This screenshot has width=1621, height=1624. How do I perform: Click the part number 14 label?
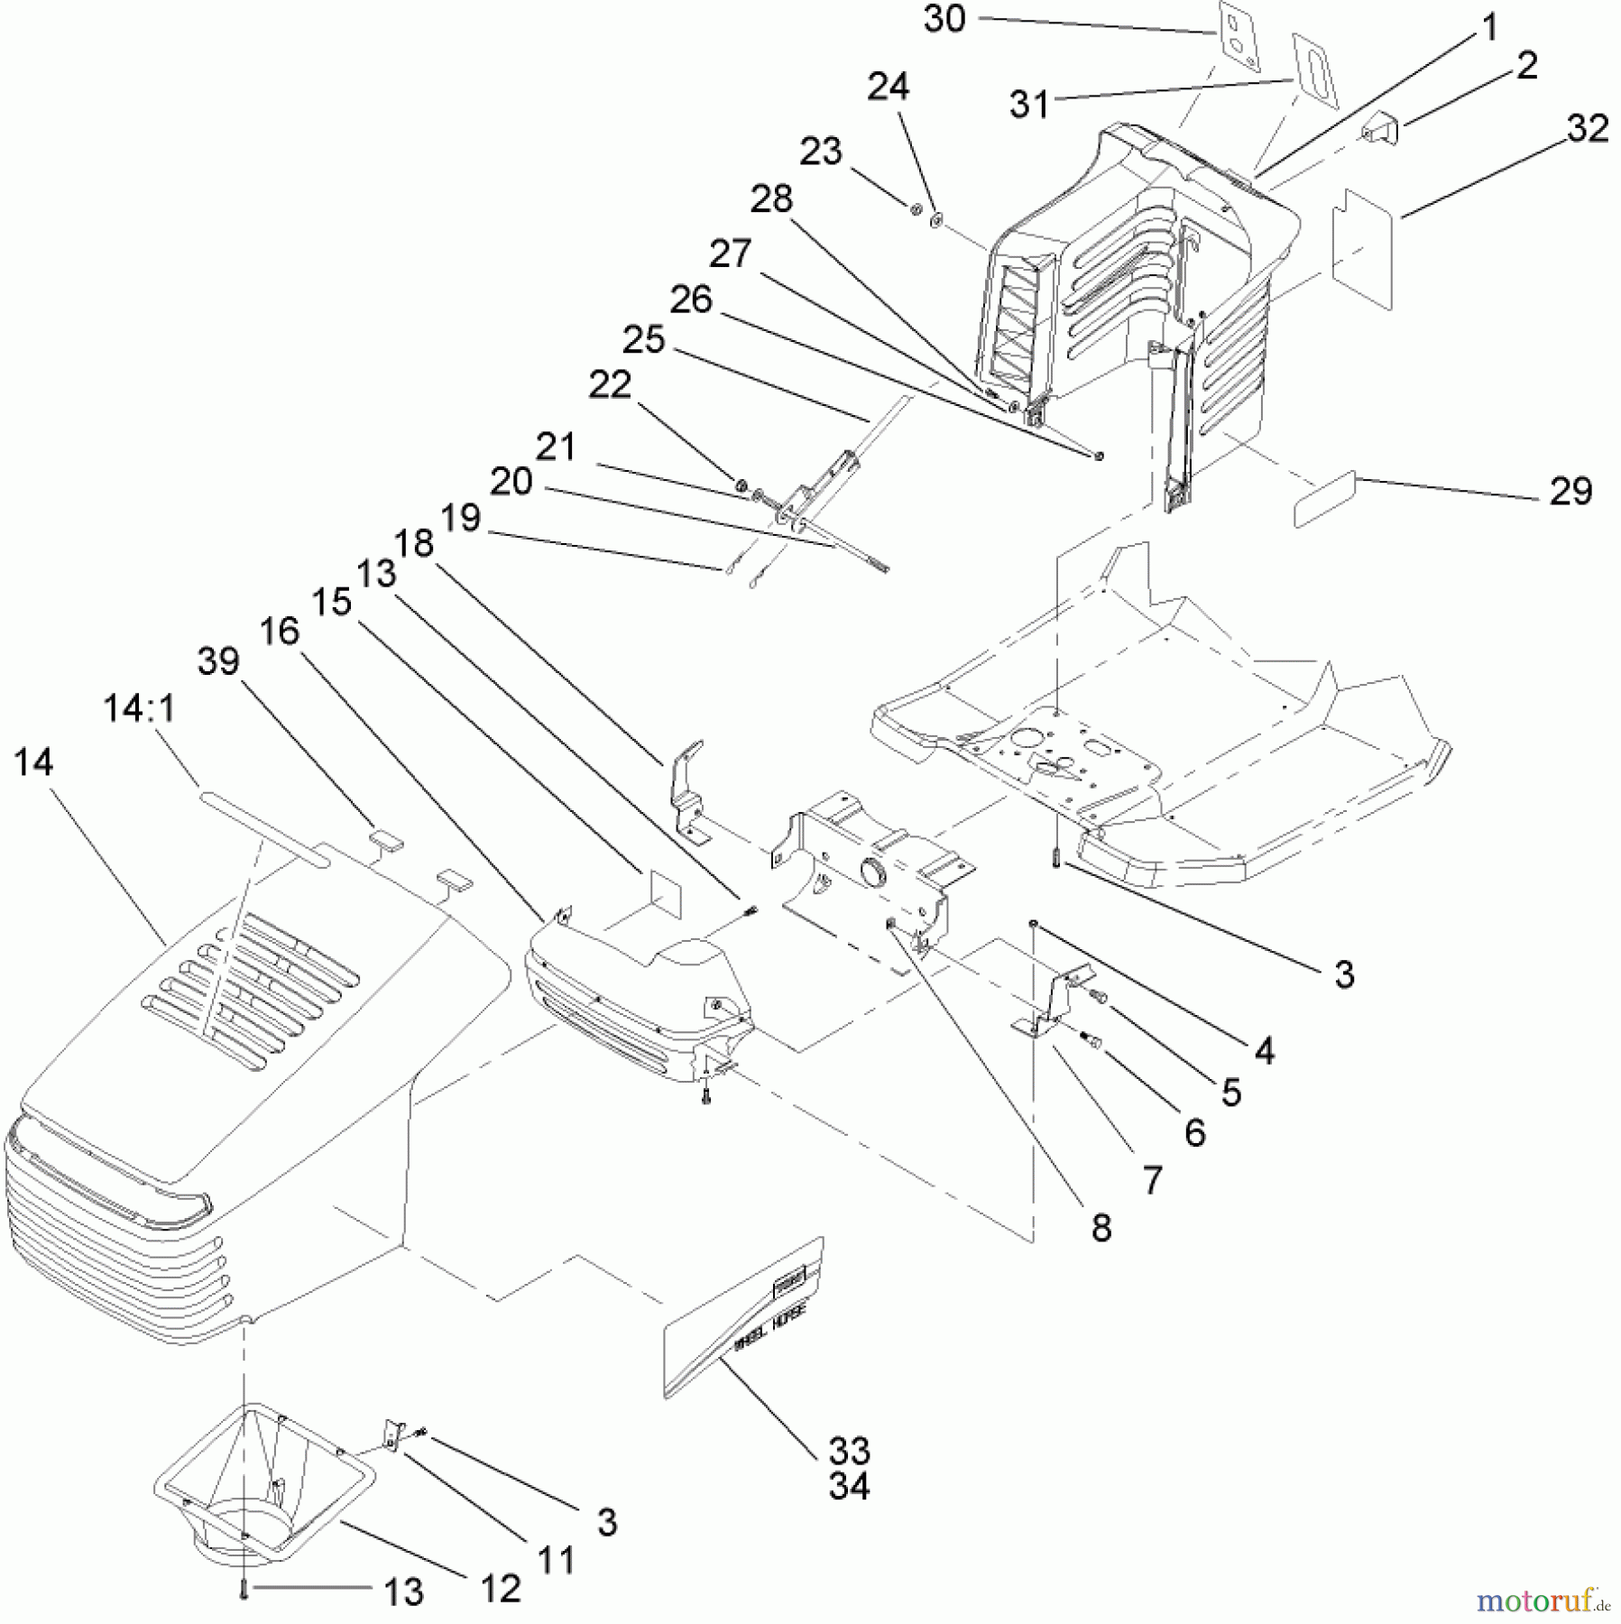point(34,763)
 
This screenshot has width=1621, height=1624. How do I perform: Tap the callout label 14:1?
point(139,709)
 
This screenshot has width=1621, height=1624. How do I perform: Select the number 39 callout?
point(218,661)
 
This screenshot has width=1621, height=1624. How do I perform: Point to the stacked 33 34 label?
point(848,1468)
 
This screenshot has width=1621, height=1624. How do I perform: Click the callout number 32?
point(1588,129)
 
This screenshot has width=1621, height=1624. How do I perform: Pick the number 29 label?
point(1570,491)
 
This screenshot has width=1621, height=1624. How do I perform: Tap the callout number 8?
point(1101,1228)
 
